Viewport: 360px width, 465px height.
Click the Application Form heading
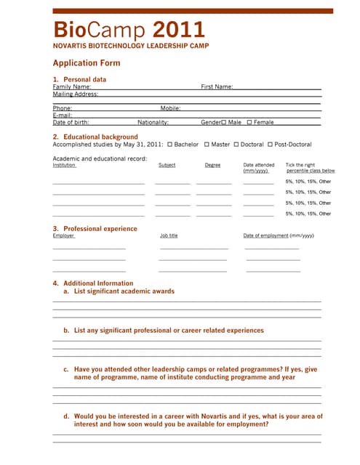coord(87,63)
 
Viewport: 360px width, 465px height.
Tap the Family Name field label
coord(71,86)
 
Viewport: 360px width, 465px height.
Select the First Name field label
coord(217,86)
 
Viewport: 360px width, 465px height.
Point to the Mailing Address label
coord(75,94)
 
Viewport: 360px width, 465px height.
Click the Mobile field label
coord(170,108)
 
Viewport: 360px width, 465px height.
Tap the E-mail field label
coord(63,115)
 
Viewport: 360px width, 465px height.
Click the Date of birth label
coord(71,122)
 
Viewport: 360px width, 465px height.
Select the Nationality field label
coord(153,122)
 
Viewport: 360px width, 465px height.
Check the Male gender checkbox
coord(224,123)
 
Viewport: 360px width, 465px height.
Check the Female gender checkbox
coord(249,123)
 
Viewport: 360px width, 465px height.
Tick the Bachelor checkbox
coord(169,145)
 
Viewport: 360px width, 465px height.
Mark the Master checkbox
coord(207,145)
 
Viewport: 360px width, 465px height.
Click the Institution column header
coord(64,165)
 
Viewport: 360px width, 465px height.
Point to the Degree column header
coord(212,165)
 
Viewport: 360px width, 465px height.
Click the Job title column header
coord(169,235)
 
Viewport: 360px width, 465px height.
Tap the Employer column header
coord(63,235)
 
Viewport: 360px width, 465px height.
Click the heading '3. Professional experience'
coord(95,229)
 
